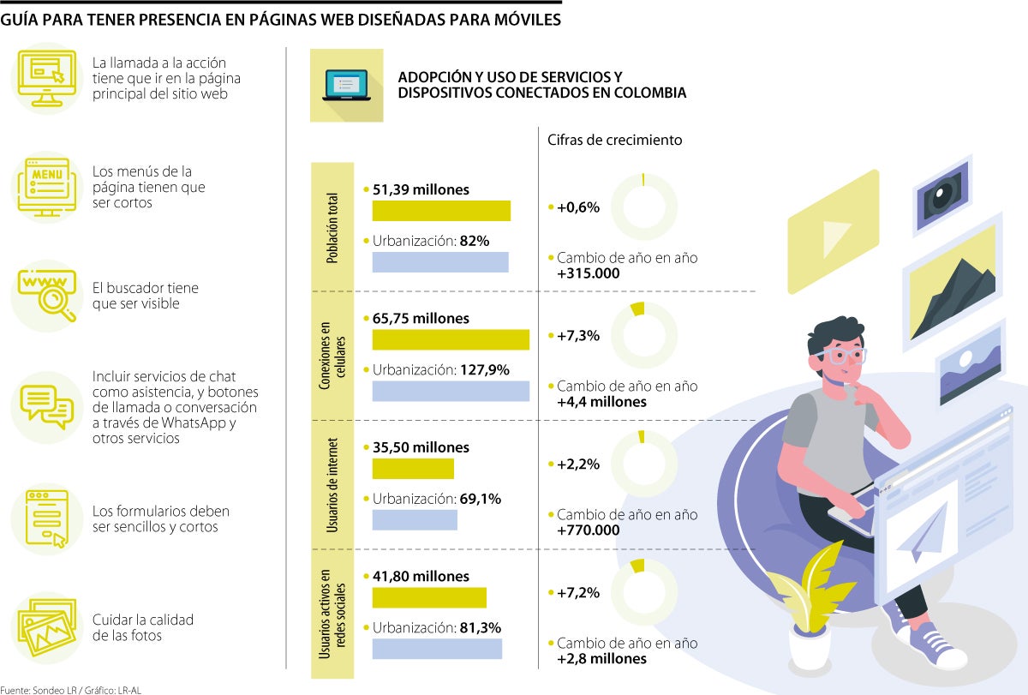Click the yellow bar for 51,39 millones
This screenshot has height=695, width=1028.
(x=441, y=211)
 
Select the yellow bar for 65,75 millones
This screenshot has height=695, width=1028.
(x=451, y=339)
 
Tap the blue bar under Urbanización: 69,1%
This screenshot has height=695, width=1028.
(x=415, y=519)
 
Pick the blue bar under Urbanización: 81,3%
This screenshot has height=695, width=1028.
(x=437, y=649)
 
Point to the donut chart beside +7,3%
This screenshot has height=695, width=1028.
(x=648, y=335)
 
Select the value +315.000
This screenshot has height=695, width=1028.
(x=588, y=273)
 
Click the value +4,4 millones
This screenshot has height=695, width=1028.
(x=601, y=401)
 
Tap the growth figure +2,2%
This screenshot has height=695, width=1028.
(x=578, y=464)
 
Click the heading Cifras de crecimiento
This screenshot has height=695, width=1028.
(x=615, y=140)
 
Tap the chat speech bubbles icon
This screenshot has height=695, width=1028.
(x=46, y=407)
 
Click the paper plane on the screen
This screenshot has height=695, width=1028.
(x=926, y=530)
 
